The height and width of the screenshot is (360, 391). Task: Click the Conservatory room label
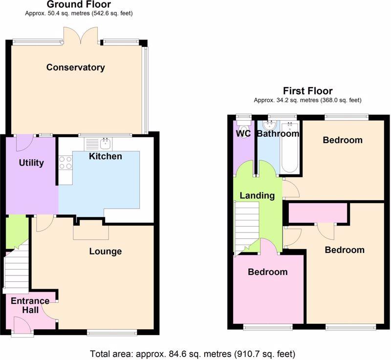tap(76, 67)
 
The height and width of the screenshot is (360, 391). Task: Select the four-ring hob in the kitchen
tap(66, 163)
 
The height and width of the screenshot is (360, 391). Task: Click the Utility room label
tap(31, 163)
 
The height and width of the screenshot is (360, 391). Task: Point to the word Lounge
tap(106, 252)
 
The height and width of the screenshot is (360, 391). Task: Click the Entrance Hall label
tap(30, 305)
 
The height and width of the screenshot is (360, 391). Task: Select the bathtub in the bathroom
tap(289, 148)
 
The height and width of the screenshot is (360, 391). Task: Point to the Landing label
tap(257, 195)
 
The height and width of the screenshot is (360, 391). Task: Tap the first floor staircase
tap(247, 228)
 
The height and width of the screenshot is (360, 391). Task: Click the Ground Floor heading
tap(79, 4)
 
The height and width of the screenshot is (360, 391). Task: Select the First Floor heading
tap(308, 91)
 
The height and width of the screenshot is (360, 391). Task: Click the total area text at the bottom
tap(193, 354)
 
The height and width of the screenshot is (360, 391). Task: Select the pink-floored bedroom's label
tap(267, 272)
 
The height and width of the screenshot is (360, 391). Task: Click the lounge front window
tap(112, 332)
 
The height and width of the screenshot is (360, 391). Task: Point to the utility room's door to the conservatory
tap(25, 143)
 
